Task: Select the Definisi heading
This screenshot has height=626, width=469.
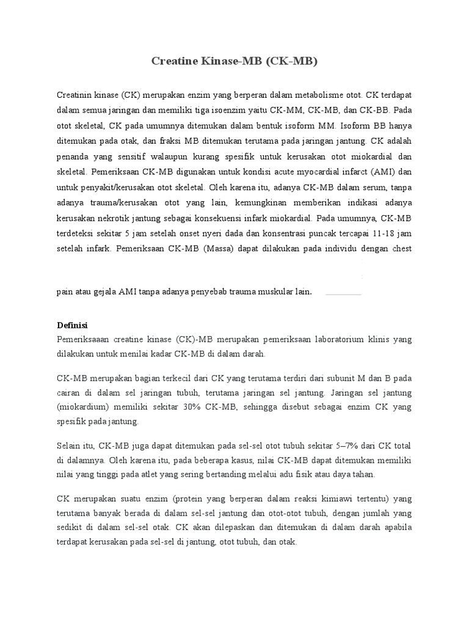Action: [x=72, y=325]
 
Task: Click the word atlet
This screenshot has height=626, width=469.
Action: [x=139, y=475]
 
